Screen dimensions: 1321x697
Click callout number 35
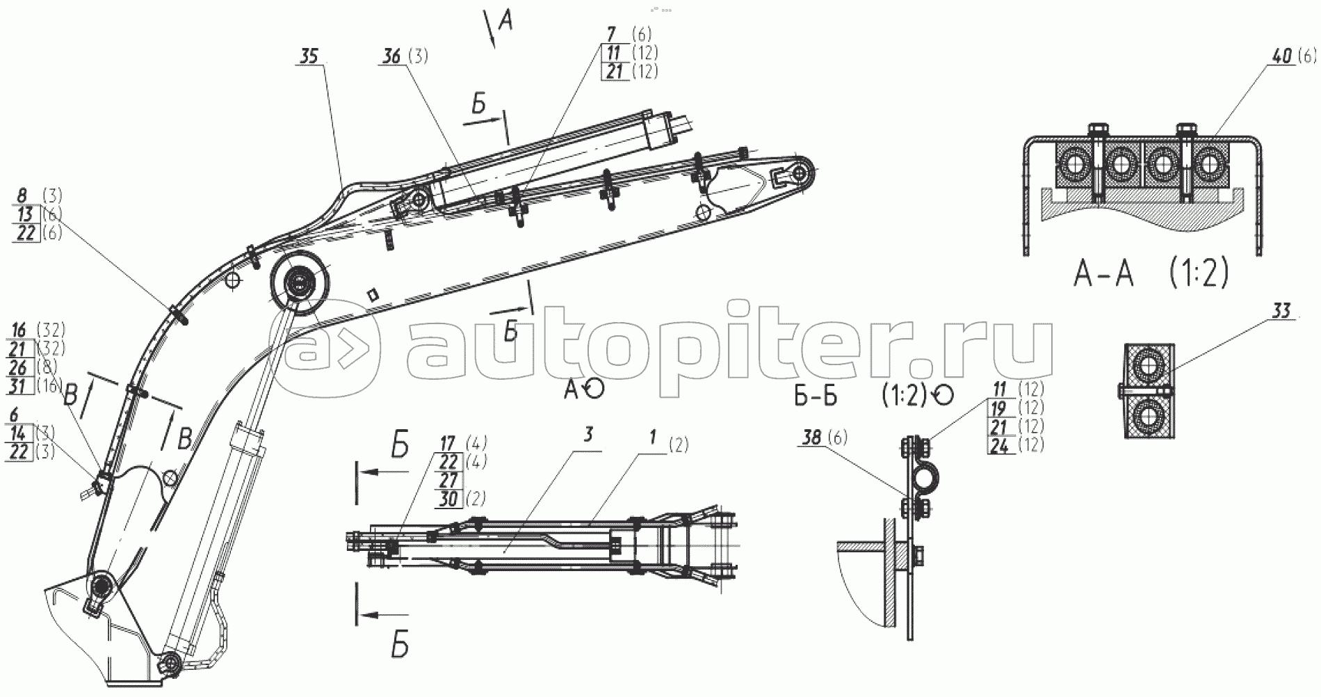point(309,56)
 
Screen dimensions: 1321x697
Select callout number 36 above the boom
point(392,56)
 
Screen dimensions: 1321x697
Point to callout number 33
point(1281,310)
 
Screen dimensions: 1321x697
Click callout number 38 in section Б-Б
point(811,438)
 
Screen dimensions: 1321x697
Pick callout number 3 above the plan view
point(589,435)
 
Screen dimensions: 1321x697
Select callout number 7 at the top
point(611,34)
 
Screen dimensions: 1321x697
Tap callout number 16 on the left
point(19,330)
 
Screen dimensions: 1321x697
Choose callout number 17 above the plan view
point(448,443)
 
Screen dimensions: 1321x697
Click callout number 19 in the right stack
point(999,408)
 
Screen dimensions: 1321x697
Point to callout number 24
point(999,446)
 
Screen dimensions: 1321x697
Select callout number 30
point(448,499)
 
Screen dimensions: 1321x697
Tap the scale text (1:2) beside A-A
point(1198,273)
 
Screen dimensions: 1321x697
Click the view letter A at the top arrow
point(505,22)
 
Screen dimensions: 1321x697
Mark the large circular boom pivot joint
point(300,285)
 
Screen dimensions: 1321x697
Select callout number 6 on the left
point(15,415)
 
